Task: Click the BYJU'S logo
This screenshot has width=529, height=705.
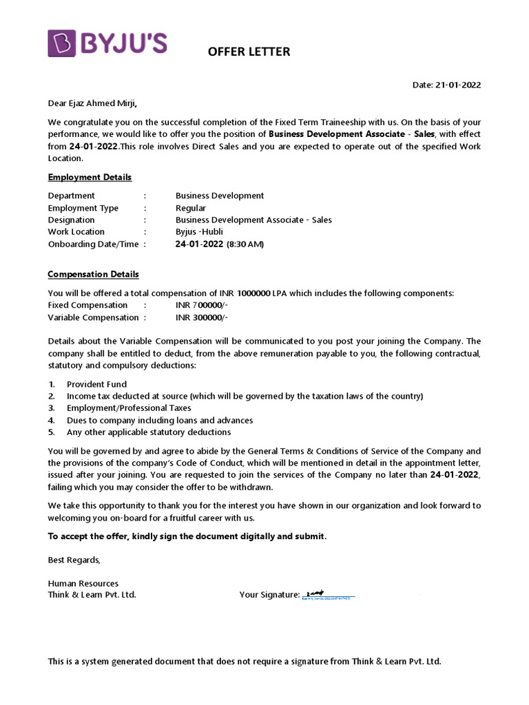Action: click(107, 43)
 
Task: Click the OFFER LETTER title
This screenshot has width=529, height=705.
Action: click(249, 52)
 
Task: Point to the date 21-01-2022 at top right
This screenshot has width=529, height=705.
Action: click(446, 85)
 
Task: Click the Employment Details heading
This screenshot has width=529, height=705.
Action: click(90, 177)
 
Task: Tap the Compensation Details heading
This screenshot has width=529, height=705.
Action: click(93, 274)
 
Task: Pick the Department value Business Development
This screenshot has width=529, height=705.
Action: click(220, 196)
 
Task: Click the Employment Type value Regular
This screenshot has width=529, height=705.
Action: click(191, 208)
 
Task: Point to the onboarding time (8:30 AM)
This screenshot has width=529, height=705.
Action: click(245, 244)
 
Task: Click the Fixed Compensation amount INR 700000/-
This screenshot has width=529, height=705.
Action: click(202, 305)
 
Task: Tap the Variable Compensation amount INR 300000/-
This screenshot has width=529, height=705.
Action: click(202, 317)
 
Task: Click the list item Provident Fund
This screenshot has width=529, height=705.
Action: click(96, 384)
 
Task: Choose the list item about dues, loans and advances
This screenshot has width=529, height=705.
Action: click(160, 420)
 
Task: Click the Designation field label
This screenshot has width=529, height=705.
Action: click(71, 220)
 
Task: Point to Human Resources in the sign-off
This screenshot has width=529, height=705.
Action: click(83, 583)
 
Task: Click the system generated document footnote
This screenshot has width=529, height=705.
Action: click(244, 661)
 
